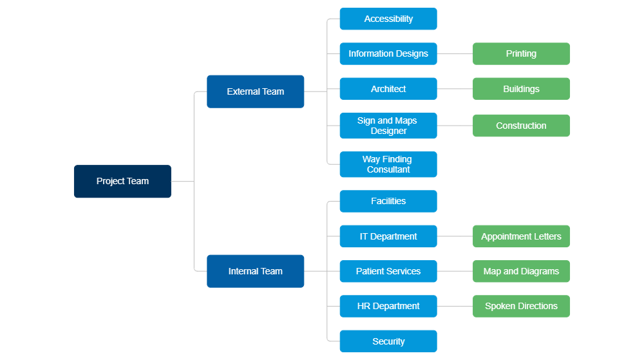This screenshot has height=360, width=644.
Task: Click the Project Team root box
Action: coord(122,182)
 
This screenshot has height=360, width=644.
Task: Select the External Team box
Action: coord(256,91)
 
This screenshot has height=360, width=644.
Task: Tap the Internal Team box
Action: coord(256,271)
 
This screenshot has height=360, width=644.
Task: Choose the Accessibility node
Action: coord(388,19)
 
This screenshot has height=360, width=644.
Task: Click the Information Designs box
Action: coord(388,54)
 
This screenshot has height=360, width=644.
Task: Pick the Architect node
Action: coord(388,89)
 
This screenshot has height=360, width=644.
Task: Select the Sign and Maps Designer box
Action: coord(388,126)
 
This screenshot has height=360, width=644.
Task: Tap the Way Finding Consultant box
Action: coord(388,164)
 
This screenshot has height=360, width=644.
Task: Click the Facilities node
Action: coord(388,201)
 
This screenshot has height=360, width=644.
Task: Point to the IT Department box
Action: coord(388,236)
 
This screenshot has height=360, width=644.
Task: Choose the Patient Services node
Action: coord(388,271)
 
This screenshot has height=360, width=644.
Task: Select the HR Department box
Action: coord(388,306)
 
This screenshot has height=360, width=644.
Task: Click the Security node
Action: coord(388,341)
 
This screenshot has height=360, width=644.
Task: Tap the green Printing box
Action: coord(521,54)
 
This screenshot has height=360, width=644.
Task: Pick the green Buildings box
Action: coord(521,89)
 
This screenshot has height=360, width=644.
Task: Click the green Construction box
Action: coord(521,126)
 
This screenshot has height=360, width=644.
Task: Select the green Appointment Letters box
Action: coord(521,236)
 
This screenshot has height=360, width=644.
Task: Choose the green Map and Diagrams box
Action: coord(521,271)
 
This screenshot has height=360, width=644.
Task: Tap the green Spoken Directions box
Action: coord(521,306)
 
